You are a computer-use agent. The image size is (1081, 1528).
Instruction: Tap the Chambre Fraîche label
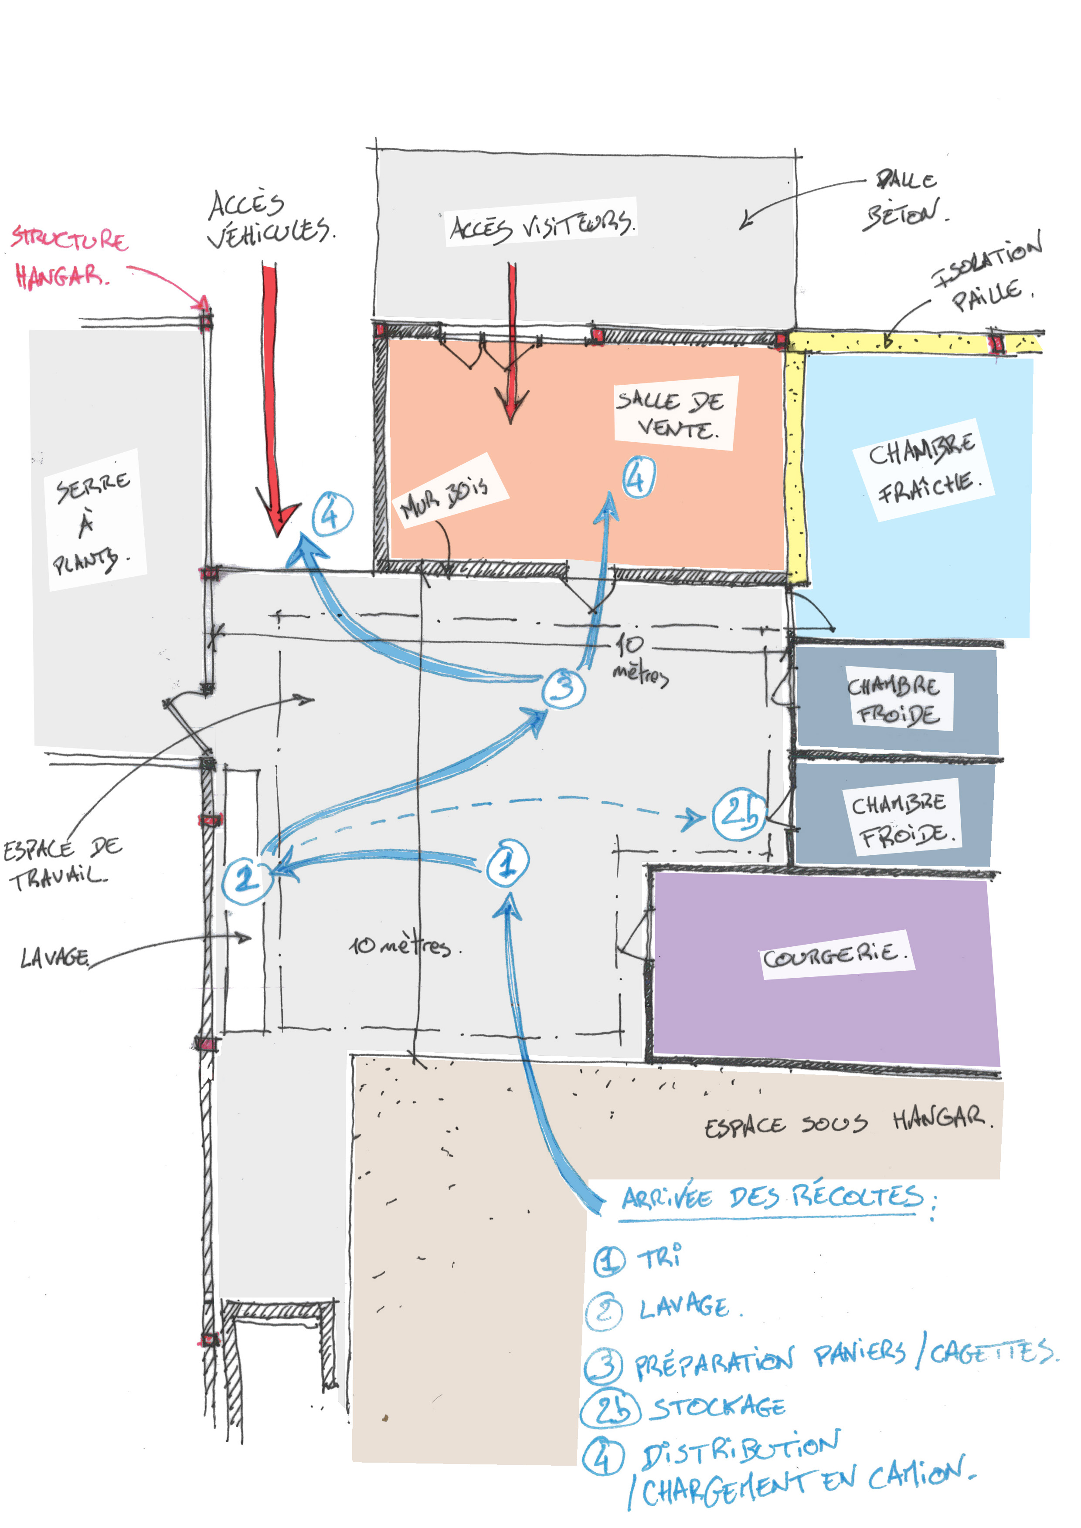click(923, 470)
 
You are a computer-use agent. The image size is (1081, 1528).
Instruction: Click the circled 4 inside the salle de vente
click(638, 477)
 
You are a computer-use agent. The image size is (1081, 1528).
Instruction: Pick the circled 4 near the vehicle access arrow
click(331, 513)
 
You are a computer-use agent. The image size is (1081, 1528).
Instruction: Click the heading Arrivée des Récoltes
click(772, 1198)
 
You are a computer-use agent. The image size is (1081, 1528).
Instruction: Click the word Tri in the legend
click(659, 1257)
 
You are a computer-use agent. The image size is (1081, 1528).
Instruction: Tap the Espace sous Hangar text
click(845, 1122)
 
